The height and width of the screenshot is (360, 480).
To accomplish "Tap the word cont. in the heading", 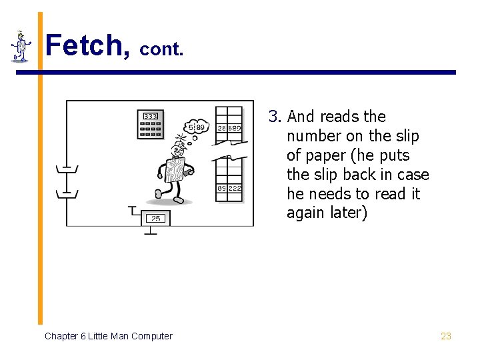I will [161, 49].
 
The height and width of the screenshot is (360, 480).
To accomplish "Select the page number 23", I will [446, 336].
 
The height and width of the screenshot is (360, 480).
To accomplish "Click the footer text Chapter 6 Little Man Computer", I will [108, 336].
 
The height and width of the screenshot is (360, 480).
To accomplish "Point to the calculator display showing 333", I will [150, 116].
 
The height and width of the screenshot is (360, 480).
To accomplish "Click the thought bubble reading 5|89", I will [197, 127].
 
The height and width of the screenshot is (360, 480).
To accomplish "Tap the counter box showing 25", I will [155, 218].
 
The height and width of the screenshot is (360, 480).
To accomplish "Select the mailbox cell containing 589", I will [234, 128].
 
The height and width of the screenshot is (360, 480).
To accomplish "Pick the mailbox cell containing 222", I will [234, 189].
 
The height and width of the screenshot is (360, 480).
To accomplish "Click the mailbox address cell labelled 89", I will [221, 189].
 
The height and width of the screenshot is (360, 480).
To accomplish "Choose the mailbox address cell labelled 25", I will [221, 128].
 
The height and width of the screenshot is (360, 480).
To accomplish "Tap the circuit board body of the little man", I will [175, 170].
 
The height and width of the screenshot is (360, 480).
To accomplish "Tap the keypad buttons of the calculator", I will [150, 129].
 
